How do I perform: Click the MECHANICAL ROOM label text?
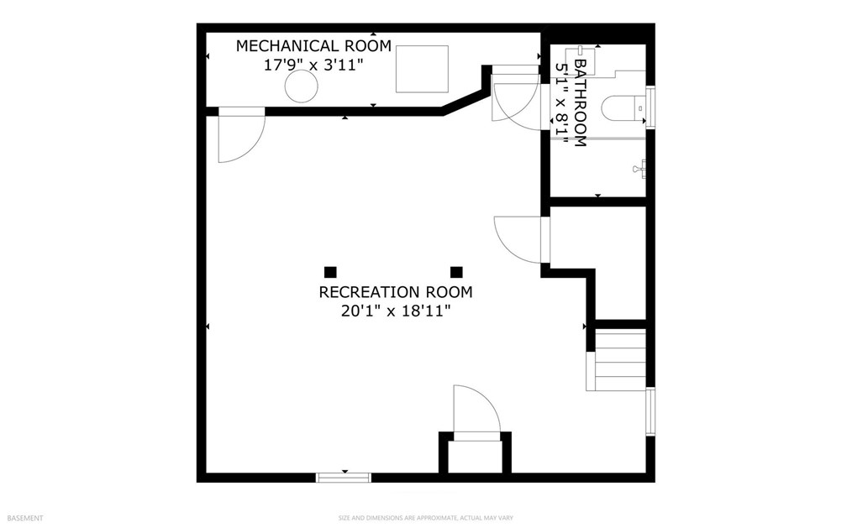click(313, 46)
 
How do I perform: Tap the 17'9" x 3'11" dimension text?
click(314, 65)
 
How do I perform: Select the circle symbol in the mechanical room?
click(300, 86)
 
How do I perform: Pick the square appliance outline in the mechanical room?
click(422, 69)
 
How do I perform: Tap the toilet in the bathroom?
click(623, 107)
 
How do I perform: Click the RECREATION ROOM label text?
click(395, 293)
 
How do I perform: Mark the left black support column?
click(330, 272)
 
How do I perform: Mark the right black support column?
click(456, 272)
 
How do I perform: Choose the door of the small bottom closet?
click(476, 412)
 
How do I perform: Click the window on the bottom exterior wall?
click(344, 478)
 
